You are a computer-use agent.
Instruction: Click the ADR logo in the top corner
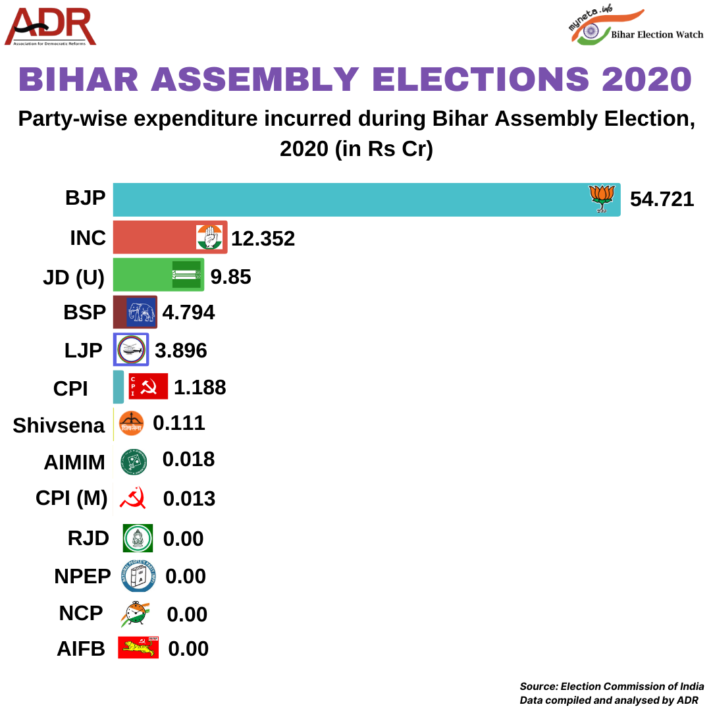[51, 27]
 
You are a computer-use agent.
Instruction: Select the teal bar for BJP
[349, 199]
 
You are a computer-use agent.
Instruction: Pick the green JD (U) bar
[142, 275]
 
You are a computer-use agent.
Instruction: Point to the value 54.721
[662, 199]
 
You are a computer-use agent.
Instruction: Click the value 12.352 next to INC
[263, 238]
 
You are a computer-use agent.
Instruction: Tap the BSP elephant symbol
[140, 311]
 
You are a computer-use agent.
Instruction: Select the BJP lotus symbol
[602, 198]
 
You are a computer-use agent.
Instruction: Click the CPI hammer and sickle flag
[148, 386]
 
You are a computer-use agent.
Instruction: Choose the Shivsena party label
[59, 426]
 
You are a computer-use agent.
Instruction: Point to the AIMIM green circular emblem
[134, 461]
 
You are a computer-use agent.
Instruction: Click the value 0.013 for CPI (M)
[189, 499]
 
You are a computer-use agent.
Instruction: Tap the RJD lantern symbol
[138, 539]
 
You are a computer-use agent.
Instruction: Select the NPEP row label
[83, 576]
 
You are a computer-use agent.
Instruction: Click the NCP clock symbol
[135, 614]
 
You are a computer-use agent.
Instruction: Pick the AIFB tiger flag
[138, 648]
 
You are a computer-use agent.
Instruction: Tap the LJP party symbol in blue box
[132, 350]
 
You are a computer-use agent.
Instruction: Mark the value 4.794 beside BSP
[188, 312]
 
